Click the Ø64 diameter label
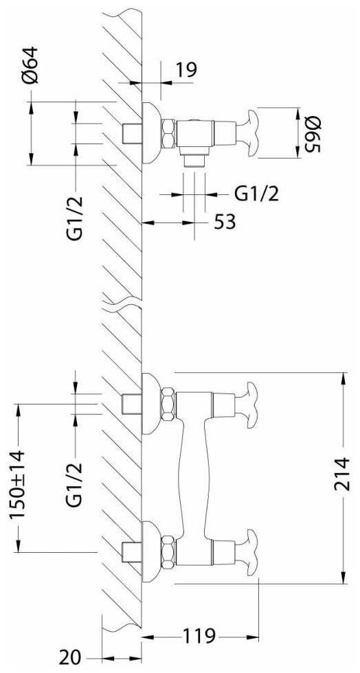pos(31,65)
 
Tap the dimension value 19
pos(186,69)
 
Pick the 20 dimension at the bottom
pos(71,658)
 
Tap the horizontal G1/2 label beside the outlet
pos(257,194)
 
